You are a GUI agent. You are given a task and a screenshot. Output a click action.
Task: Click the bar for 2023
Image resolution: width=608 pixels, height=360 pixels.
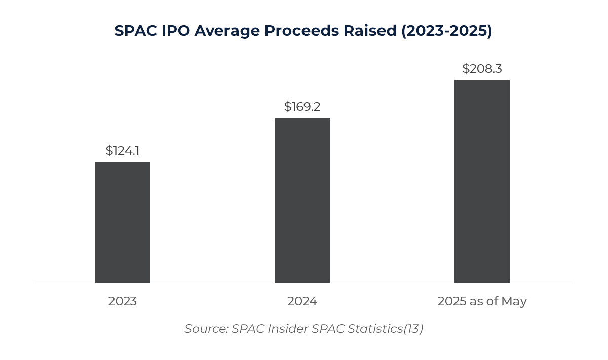click(122, 222)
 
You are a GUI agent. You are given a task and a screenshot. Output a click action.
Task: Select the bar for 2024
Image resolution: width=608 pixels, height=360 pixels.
click(302, 200)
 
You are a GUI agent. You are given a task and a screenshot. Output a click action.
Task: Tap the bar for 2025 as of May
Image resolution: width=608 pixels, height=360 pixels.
click(482, 181)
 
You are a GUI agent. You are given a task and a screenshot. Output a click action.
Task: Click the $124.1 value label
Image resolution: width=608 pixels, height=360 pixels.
click(123, 150)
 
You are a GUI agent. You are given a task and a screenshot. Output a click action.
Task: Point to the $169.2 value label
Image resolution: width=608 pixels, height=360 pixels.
click(302, 107)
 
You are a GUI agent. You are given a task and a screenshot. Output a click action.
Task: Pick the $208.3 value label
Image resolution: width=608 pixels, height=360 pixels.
click(482, 69)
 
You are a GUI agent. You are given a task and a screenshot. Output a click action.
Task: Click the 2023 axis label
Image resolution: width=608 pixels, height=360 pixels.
click(122, 301)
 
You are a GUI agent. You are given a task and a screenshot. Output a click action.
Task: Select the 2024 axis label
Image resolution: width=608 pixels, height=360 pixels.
click(302, 301)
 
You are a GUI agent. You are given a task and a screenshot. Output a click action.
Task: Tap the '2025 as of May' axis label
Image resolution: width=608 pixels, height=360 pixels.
click(482, 301)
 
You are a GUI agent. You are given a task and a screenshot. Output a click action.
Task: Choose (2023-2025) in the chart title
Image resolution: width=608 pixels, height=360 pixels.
click(446, 31)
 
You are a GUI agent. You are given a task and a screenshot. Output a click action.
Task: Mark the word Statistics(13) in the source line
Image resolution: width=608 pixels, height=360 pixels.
click(385, 329)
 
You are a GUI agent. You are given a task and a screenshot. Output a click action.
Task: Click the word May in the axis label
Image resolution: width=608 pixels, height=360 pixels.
click(514, 301)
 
